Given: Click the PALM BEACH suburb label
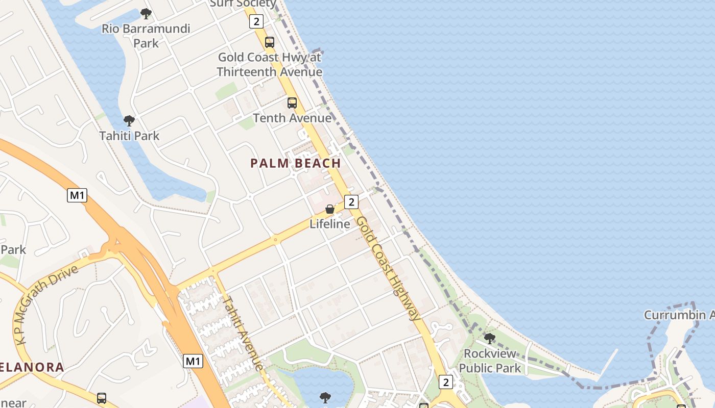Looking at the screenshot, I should click(296, 163).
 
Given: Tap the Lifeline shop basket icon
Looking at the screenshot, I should click(330, 209).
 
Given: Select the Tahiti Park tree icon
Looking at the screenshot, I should click(129, 121).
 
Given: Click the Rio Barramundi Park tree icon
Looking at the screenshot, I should click(146, 13).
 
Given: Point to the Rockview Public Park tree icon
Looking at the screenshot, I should click(489, 338).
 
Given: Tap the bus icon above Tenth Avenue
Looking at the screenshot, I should click(292, 103).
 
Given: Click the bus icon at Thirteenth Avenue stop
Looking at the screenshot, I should click(269, 42).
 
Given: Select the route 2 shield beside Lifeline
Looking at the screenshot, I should click(351, 201).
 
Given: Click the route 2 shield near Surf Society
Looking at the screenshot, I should click(256, 21).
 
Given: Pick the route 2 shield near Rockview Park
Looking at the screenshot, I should click(446, 381).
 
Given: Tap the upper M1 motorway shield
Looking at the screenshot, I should click(77, 195).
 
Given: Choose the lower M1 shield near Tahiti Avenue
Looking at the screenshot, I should click(193, 361).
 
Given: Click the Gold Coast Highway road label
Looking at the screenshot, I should click(389, 268).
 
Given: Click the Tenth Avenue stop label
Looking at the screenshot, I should click(292, 118).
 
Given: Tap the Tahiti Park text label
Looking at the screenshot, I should click(129, 136).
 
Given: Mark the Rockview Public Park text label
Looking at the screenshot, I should click(489, 361).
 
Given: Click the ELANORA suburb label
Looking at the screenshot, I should click(32, 367).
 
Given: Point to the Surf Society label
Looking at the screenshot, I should click(243, 4).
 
